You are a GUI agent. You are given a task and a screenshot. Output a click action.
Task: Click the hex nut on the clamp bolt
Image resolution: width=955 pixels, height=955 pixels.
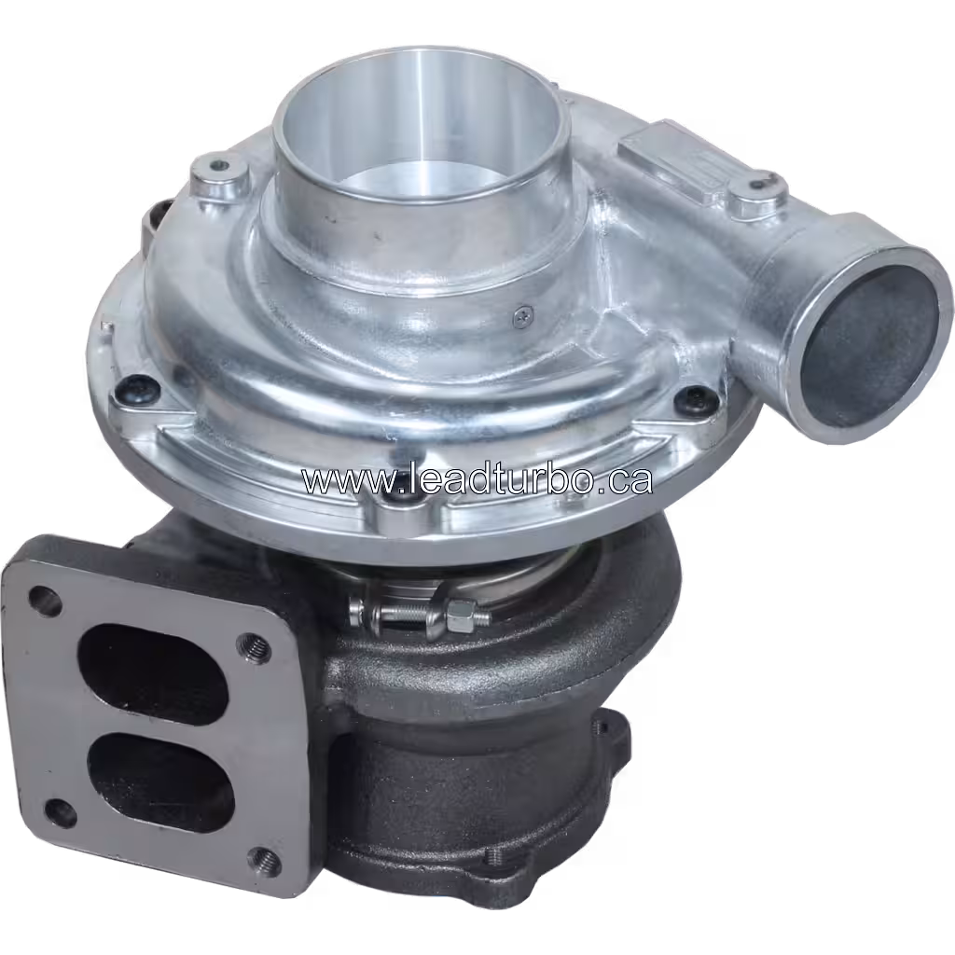coord(459,614)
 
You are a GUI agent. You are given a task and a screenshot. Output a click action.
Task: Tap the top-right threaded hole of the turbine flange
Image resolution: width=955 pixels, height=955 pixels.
coord(255,645)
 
